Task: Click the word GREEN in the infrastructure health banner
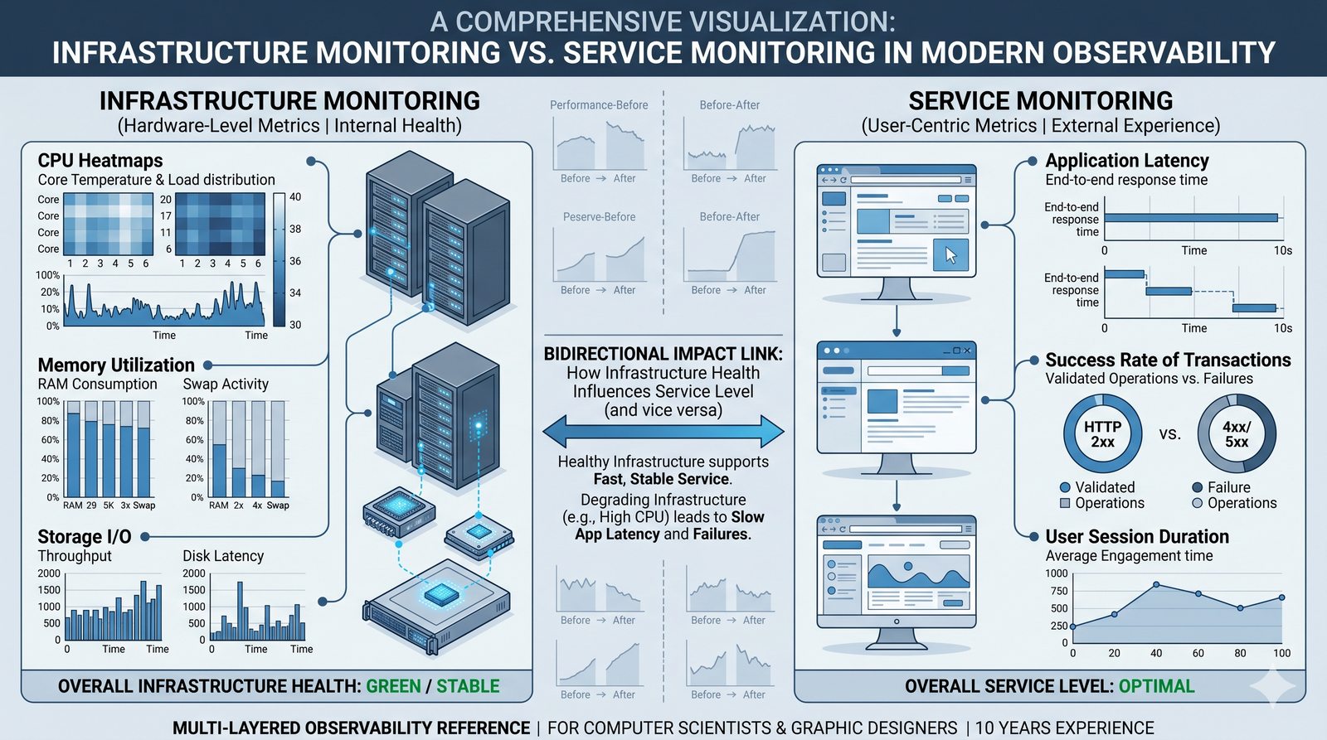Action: (393, 686)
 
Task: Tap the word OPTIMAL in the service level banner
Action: (1156, 686)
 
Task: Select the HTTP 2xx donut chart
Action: (1102, 434)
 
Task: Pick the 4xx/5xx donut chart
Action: (1236, 434)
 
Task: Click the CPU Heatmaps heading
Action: (100, 161)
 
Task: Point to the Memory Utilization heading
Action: (116, 365)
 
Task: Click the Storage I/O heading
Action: (85, 537)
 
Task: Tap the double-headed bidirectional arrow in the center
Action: (663, 432)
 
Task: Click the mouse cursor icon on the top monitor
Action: (950, 254)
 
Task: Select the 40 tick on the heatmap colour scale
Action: (295, 197)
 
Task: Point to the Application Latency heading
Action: (1126, 161)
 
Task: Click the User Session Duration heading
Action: (1136, 537)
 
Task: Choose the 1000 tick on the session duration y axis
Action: (1056, 573)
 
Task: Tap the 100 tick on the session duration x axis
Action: (1281, 653)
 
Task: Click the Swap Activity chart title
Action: (226, 385)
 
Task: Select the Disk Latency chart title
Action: (223, 556)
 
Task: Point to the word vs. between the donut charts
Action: (1169, 434)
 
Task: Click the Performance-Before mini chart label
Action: (599, 105)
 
